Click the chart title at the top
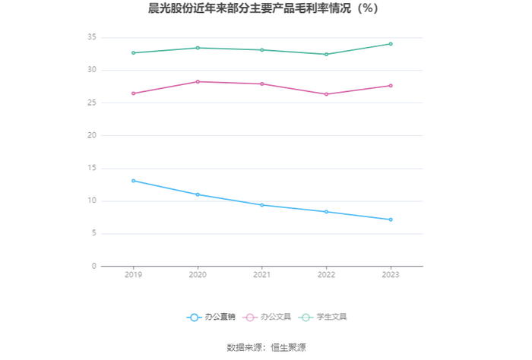pyautogui.click(x=263, y=8)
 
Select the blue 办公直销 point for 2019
pyautogui.click(x=133, y=181)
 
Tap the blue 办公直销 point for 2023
pyautogui.click(x=391, y=219)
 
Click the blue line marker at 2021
pyautogui.click(x=262, y=205)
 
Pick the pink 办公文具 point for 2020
pyautogui.click(x=198, y=82)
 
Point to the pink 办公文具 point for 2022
pyautogui.click(x=326, y=94)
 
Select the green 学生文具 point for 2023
pyautogui.click(x=391, y=44)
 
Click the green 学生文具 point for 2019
pyautogui.click(x=133, y=53)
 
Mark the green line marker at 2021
pyautogui.click(x=262, y=50)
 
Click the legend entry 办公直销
pyautogui.click(x=211, y=317)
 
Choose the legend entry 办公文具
pyautogui.click(x=267, y=317)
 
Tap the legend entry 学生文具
pyautogui.click(x=323, y=317)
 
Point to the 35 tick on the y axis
pyautogui.click(x=92, y=37)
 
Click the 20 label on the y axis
pyautogui.click(x=92, y=135)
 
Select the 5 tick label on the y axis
pyautogui.click(x=94, y=233)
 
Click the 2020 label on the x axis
pyautogui.click(x=198, y=275)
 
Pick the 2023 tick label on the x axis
pyautogui.click(x=391, y=275)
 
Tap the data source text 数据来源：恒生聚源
pyautogui.click(x=266, y=347)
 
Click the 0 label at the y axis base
pyautogui.click(x=94, y=266)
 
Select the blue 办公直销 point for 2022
pyautogui.click(x=326, y=212)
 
